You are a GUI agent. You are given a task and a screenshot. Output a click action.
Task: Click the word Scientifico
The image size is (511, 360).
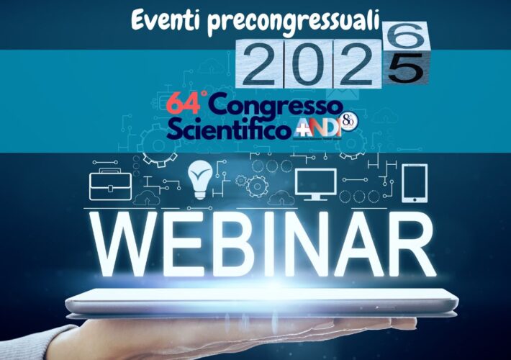[230, 129]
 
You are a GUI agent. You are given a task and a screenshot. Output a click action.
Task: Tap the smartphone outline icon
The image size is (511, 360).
[415, 184]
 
